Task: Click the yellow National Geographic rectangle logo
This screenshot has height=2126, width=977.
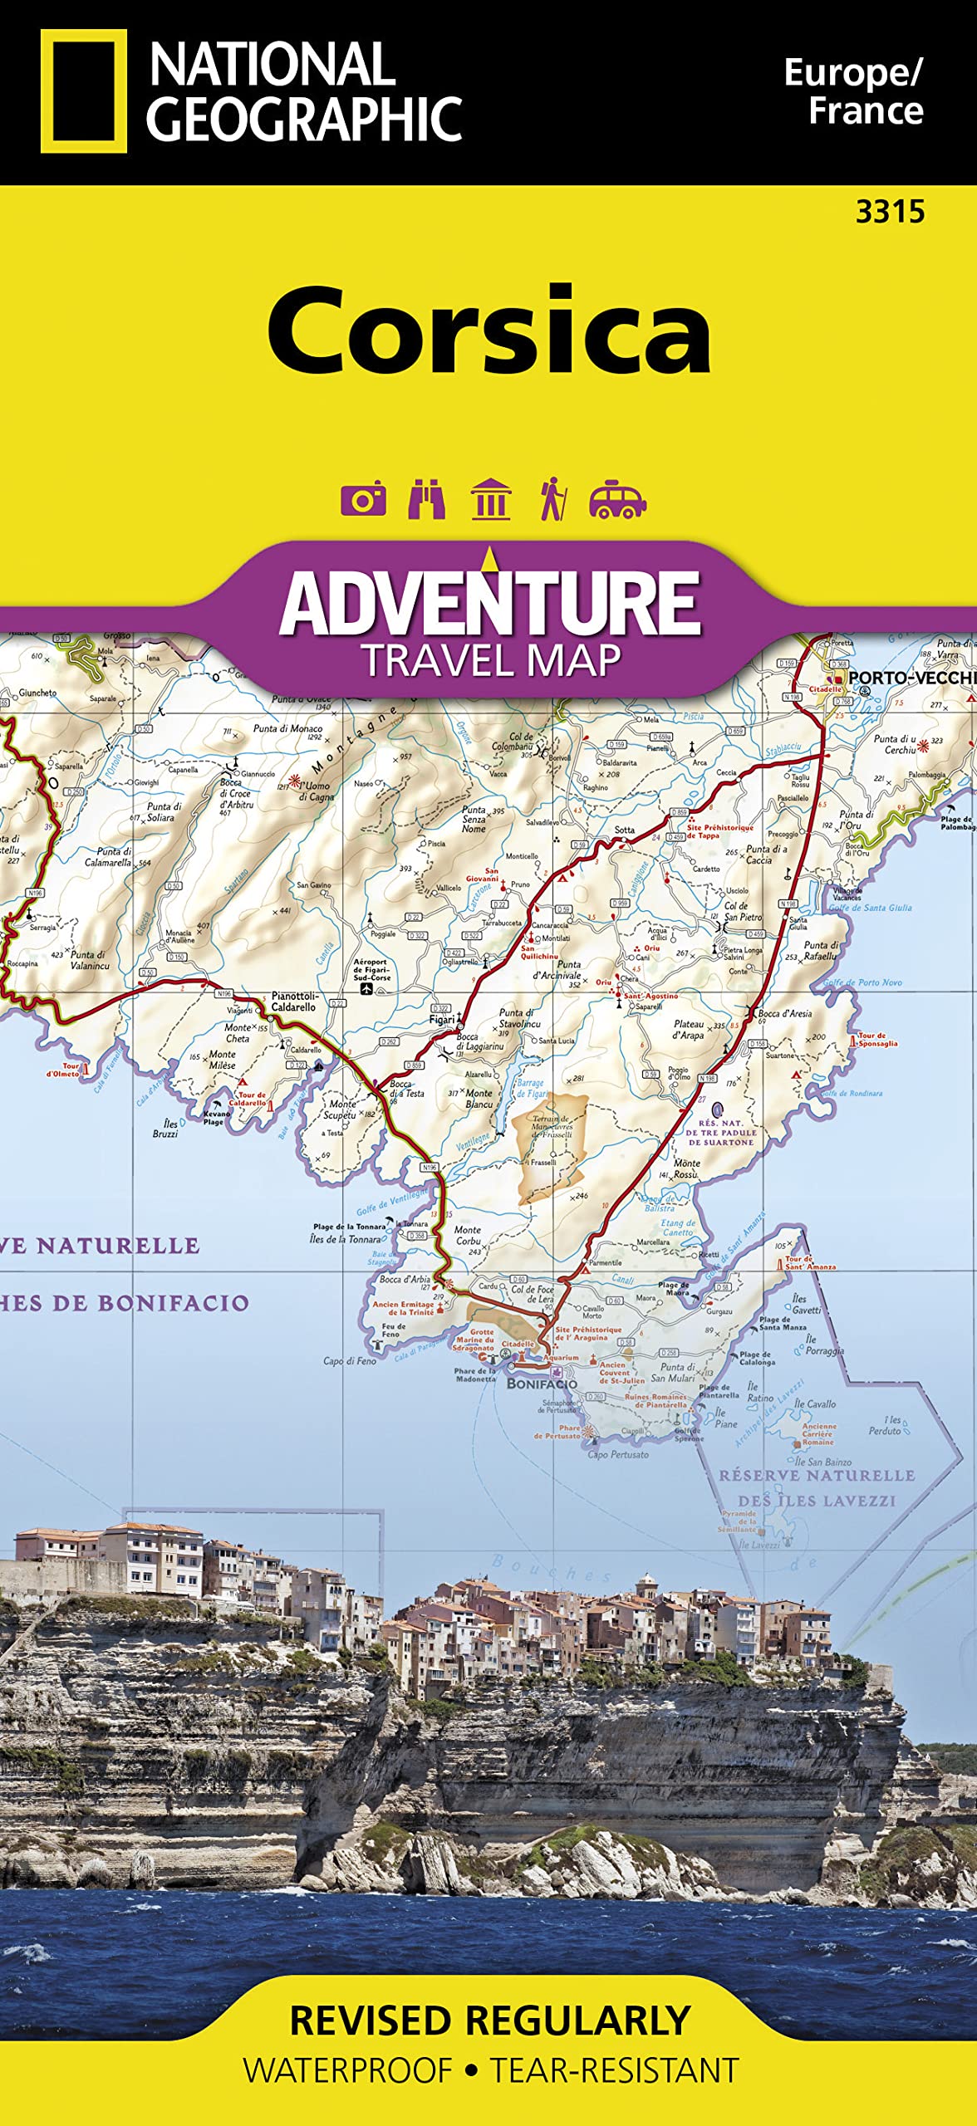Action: point(83,91)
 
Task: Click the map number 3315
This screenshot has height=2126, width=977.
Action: point(890,213)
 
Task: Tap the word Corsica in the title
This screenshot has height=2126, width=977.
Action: point(488,331)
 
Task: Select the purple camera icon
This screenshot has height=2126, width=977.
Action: point(363,499)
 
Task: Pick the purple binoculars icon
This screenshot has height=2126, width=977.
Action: point(426,499)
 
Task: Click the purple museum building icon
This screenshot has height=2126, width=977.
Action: point(490,499)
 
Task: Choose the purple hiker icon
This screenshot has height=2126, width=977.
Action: point(552,499)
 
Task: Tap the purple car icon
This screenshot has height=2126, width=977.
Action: point(616,499)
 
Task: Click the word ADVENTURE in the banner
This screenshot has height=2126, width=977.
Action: point(490,605)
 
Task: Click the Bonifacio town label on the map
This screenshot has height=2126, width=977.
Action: point(542,1384)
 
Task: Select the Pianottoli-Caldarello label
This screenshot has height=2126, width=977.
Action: point(294,1001)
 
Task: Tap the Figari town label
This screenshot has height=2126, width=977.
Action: point(441,1019)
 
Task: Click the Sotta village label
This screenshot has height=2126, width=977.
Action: point(624,830)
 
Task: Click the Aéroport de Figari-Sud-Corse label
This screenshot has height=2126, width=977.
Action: point(371,970)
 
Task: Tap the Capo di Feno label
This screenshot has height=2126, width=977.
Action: point(349,1361)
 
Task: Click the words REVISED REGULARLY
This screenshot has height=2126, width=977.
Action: point(490,2021)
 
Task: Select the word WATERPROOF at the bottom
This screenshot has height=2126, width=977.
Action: point(348,2070)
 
